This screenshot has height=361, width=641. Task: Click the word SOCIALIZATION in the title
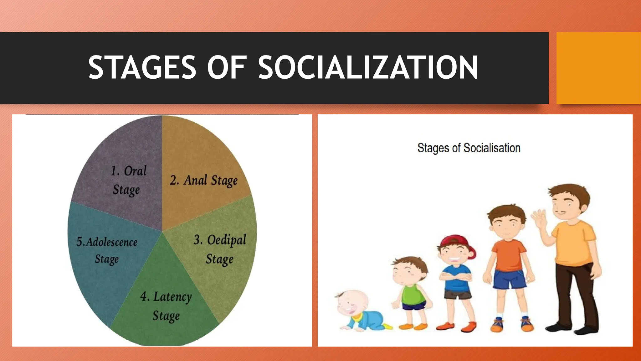click(x=368, y=67)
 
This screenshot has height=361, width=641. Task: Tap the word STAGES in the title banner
click(x=142, y=67)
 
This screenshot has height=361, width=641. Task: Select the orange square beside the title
click(x=598, y=68)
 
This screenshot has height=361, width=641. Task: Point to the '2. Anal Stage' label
click(x=204, y=181)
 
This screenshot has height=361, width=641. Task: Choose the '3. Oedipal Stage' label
click(x=220, y=249)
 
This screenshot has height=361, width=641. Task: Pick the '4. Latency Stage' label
click(x=166, y=306)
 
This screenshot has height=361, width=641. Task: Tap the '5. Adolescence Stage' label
click(x=107, y=250)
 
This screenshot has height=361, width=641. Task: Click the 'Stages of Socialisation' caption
click(x=469, y=148)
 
